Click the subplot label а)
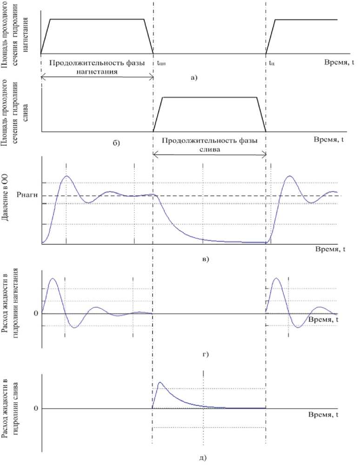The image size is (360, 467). coord(194,78)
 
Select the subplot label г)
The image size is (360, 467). coord(205,355)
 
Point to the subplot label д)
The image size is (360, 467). coord(203,458)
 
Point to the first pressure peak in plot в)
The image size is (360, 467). coord(67,176)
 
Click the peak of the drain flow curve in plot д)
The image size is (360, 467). coord(160,382)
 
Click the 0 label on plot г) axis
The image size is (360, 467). coord(35,314)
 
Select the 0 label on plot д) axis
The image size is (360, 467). coord(35,408)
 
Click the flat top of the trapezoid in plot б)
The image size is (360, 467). coord(209,97)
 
